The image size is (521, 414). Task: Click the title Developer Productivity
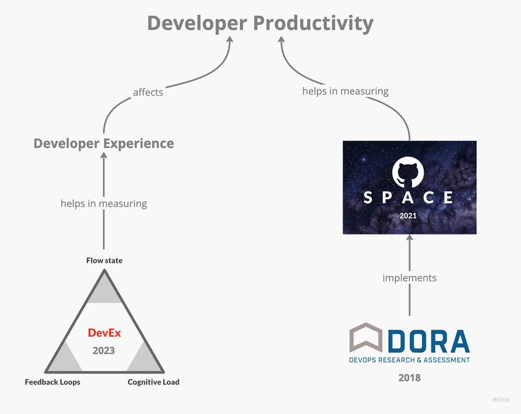(x=260, y=23)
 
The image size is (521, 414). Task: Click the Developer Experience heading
(x=104, y=143)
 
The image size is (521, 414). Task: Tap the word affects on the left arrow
(x=148, y=92)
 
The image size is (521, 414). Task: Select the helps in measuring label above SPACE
(x=345, y=91)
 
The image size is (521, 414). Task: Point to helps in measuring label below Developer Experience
(x=104, y=203)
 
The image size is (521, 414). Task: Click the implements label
(x=409, y=278)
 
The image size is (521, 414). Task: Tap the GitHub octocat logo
(x=408, y=172)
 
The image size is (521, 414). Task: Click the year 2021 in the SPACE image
(x=408, y=216)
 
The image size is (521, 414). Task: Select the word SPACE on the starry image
(x=408, y=197)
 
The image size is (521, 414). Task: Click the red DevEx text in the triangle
(x=104, y=332)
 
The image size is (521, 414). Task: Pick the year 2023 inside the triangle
(x=104, y=351)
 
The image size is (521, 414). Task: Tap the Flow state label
(x=104, y=261)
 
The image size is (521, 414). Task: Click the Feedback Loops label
(x=53, y=382)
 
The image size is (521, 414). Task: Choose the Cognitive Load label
(x=153, y=382)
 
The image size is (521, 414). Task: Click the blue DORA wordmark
(x=429, y=341)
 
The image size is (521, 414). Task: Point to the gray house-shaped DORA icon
(x=366, y=338)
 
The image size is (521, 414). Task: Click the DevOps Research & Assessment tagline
(x=409, y=360)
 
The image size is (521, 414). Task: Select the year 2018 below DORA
(x=409, y=377)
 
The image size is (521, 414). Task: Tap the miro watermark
(x=499, y=399)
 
